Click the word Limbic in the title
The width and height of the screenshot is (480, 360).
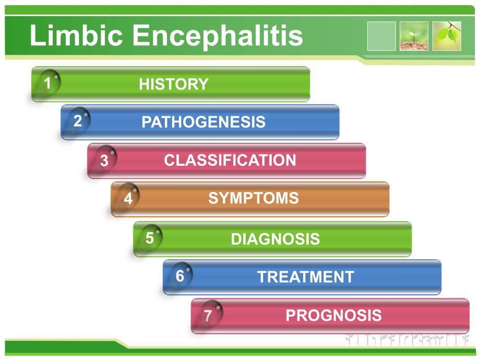coord(76,35)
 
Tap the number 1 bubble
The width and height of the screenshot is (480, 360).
coord(49,82)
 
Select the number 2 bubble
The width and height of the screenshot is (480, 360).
coord(79,120)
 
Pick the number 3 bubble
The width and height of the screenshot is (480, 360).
coord(105,159)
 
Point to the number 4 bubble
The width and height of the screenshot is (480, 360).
coord(128,197)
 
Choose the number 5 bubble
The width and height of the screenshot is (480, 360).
coord(151,237)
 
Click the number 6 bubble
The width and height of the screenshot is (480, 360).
coord(181,275)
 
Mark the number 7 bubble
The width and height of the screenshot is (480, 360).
coord(211,314)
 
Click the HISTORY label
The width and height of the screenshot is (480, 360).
coord(174,84)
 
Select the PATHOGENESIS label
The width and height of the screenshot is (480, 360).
coord(203,122)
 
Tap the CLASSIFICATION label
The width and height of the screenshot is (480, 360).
coord(230,160)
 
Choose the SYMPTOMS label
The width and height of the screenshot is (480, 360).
coord(254,198)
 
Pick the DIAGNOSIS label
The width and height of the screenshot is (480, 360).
coord(275,239)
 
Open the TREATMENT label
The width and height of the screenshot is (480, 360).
coord(306,277)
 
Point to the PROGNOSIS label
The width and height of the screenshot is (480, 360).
coord(334,315)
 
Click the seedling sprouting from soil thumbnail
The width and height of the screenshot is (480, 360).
coord(414,36)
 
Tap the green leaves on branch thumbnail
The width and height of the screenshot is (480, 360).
coord(447,36)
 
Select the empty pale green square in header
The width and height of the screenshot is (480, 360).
coord(381,36)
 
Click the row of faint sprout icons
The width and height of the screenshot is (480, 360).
coord(407,340)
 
